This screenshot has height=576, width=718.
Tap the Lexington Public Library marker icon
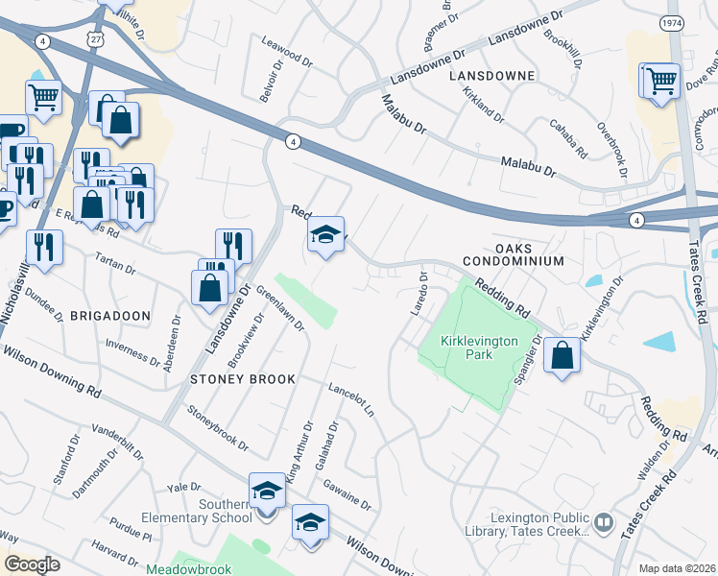pyautogui.click(x=604, y=523)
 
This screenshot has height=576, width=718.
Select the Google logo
pyautogui.click(x=32, y=564)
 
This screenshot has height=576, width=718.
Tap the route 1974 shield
pyautogui.click(x=671, y=21)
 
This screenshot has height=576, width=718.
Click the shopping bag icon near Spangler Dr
pyautogui.click(x=562, y=355)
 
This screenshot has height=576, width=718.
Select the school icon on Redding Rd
pyautogui.click(x=325, y=234)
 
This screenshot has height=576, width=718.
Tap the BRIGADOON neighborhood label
pyautogui.click(x=110, y=315)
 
